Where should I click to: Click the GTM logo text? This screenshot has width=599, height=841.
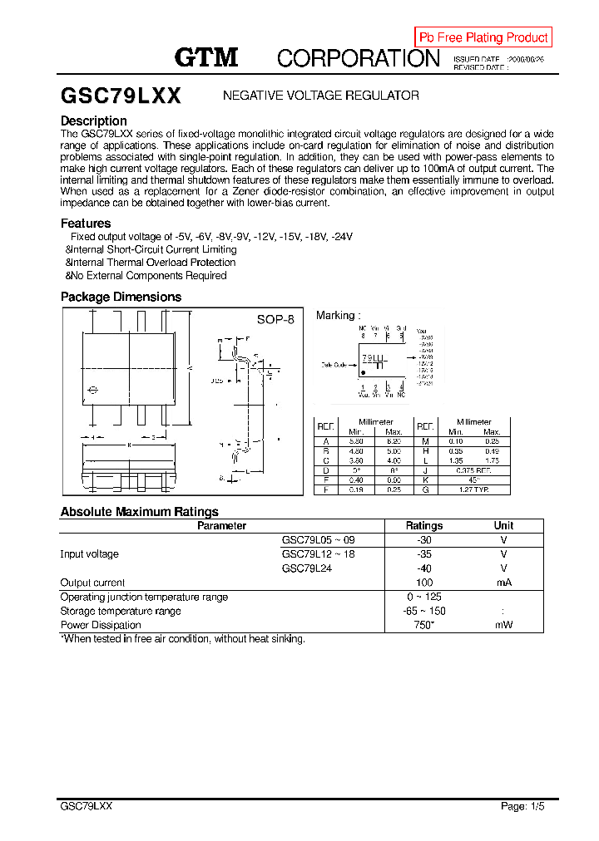206,57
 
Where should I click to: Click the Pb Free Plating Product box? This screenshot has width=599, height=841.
483,37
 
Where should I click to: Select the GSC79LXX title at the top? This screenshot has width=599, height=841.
121,96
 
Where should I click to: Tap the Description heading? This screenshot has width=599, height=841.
94,121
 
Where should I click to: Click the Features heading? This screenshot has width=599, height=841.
86,224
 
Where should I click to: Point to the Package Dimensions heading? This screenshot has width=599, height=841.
121,297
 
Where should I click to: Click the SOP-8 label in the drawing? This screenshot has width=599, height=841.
275,320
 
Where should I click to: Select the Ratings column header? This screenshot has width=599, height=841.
424,526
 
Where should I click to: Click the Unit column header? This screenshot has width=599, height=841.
503,526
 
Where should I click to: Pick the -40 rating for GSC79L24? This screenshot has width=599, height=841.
424,568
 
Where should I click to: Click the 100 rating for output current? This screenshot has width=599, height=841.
424,583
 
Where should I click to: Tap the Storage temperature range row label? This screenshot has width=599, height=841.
121,611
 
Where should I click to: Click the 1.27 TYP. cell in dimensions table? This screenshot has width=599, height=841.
475,490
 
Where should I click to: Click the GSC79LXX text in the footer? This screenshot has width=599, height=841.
87,807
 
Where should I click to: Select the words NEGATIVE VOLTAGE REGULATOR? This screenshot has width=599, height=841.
321,96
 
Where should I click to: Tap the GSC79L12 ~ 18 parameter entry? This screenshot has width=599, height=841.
319,554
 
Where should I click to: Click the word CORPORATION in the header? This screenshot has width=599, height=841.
358,58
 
